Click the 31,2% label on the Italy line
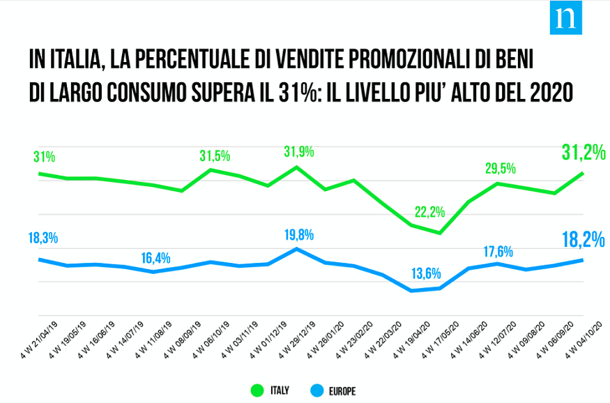point(583,151)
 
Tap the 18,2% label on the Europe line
point(583,241)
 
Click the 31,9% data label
point(298,151)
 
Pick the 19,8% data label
point(298,234)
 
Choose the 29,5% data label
point(501,168)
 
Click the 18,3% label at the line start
point(43,238)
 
